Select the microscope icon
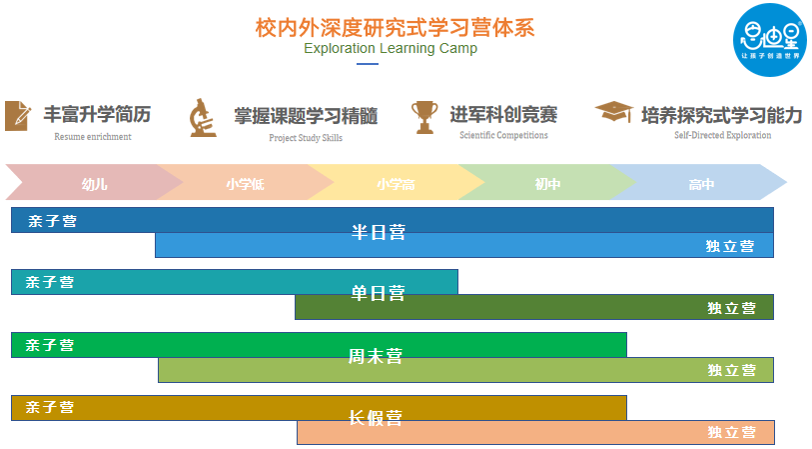click(x=203, y=117)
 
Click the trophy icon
click(x=424, y=116)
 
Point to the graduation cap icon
click(x=613, y=112)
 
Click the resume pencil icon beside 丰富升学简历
click(x=17, y=115)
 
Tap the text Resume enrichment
click(x=92, y=136)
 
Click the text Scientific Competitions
click(x=503, y=135)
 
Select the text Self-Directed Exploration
click(x=722, y=135)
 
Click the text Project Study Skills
click(x=306, y=137)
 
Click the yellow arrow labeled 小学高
click(x=396, y=184)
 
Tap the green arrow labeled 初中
click(x=547, y=184)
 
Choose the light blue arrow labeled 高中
click(x=701, y=184)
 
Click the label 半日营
click(x=379, y=232)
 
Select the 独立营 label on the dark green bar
click(x=731, y=308)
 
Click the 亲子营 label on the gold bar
click(x=50, y=407)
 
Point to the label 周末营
click(x=376, y=356)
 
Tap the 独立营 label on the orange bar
click(x=731, y=432)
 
